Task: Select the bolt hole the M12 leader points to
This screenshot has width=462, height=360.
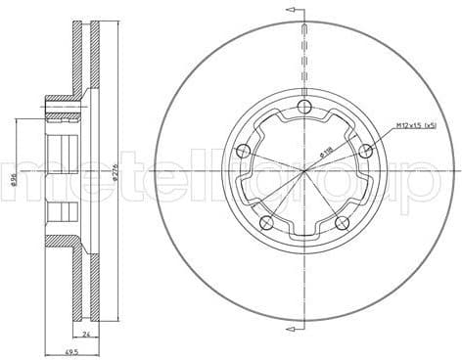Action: pyautogui.click(x=366, y=150)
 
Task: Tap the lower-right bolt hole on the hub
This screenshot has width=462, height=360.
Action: pyautogui.click(x=343, y=223)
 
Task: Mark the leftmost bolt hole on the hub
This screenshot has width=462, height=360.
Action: pyautogui.click(x=243, y=151)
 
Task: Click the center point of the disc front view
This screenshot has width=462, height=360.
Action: pyautogui.click(x=305, y=171)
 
